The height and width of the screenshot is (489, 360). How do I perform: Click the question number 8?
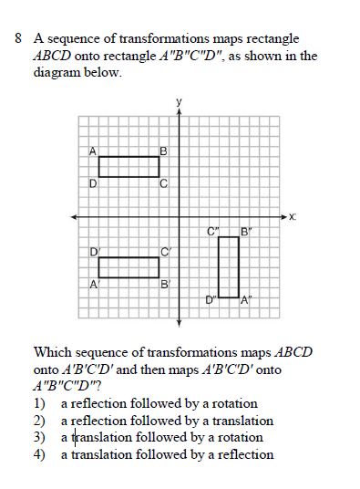[19, 40]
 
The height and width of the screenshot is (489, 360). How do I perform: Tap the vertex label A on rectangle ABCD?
[93, 151]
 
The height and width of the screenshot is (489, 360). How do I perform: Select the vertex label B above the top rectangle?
[163, 151]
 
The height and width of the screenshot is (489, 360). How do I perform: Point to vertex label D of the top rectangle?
[93, 184]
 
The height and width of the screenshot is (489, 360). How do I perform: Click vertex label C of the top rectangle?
[163, 184]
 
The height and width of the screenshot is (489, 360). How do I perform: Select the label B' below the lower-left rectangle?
[165, 285]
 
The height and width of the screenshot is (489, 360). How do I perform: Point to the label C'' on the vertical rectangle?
[212, 232]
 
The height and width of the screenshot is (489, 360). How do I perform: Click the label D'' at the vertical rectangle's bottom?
[211, 298]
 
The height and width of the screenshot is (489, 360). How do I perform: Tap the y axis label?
[180, 100]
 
